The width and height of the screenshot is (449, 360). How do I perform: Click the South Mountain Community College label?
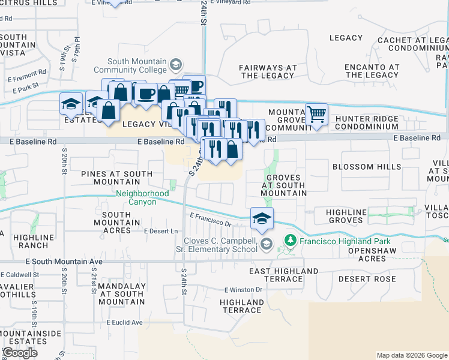(137, 65)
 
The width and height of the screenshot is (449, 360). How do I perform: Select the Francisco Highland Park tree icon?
(291, 240)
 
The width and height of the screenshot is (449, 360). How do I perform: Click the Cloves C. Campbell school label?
(217, 244)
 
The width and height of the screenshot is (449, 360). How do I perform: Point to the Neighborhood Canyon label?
(142, 197)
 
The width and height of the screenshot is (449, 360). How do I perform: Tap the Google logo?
(20, 353)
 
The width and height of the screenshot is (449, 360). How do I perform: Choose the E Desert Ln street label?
(161, 231)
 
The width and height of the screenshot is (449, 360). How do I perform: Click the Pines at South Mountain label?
(116, 178)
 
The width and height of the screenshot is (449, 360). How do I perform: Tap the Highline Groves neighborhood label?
(345, 216)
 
